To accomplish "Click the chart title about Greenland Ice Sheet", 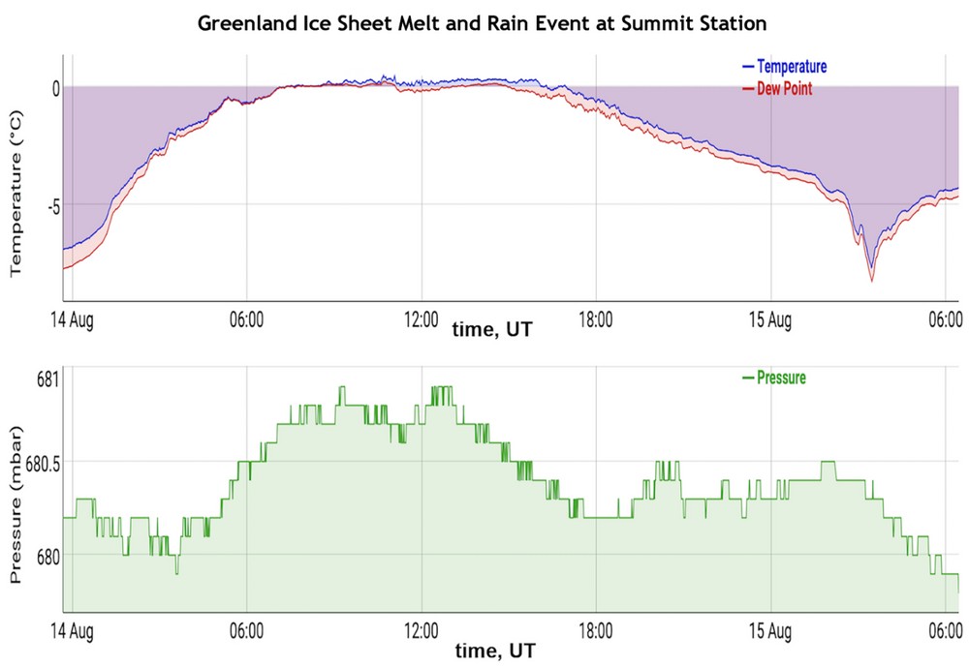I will (x=482, y=22).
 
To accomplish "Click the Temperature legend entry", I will (x=791, y=67).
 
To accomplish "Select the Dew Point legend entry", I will (x=784, y=89).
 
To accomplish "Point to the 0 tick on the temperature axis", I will (x=56, y=87).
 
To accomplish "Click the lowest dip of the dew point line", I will (x=871, y=281).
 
